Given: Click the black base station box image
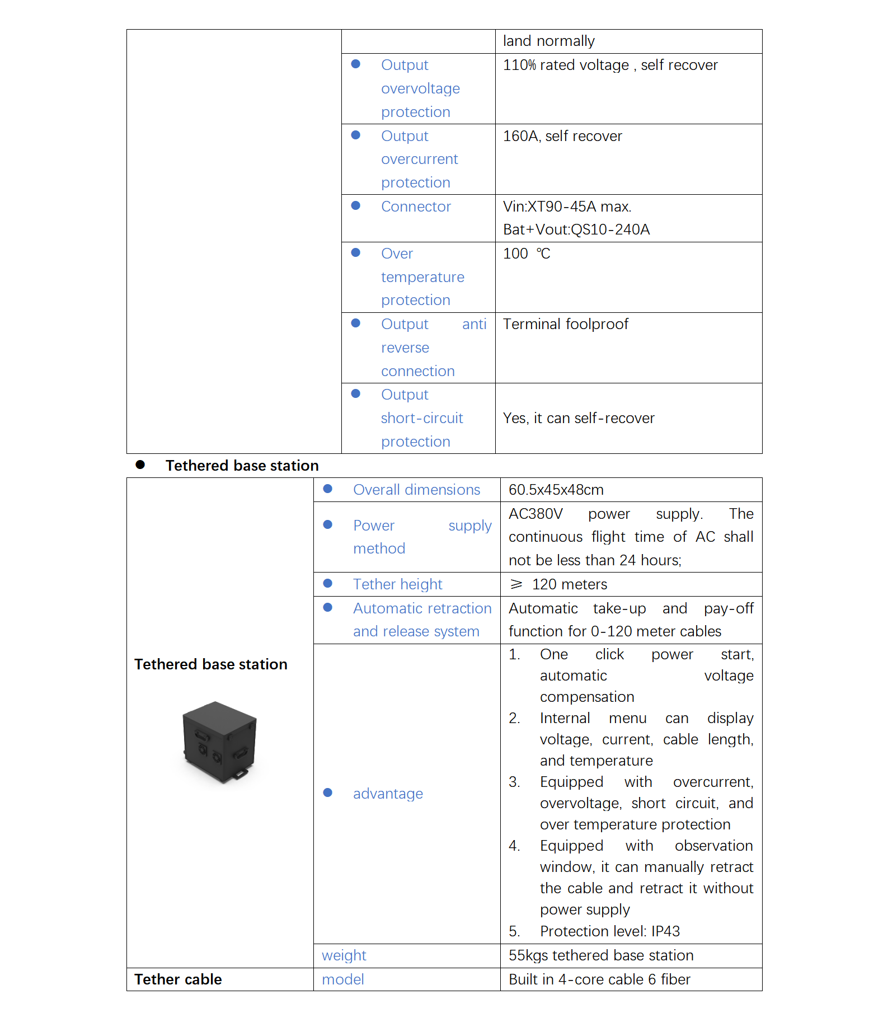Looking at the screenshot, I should pos(219,742).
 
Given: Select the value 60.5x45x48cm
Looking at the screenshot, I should pos(556,490).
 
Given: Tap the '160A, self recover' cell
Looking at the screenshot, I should pos(562,137).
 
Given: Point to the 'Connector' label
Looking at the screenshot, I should pos(416,207).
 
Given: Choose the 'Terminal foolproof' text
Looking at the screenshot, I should pos(565,325).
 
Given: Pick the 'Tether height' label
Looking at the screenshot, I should pos(397,585).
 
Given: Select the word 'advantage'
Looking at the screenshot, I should pos(388,794).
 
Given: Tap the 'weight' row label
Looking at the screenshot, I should pos(344,956).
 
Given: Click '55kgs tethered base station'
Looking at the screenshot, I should pos(600,956).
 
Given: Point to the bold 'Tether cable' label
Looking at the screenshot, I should pos(178,980).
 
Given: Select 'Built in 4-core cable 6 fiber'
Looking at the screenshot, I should pos(599,980).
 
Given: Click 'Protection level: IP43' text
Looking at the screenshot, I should pos(609,932).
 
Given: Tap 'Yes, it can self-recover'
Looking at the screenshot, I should pos(578,419).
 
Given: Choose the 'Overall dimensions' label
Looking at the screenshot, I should pos(416,490).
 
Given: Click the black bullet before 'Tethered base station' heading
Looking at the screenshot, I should pos(140,465).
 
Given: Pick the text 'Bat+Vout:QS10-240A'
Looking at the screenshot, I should pos(576,230).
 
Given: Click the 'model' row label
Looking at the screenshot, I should pos(342,980).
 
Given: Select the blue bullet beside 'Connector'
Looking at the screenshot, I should pos(355,206).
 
